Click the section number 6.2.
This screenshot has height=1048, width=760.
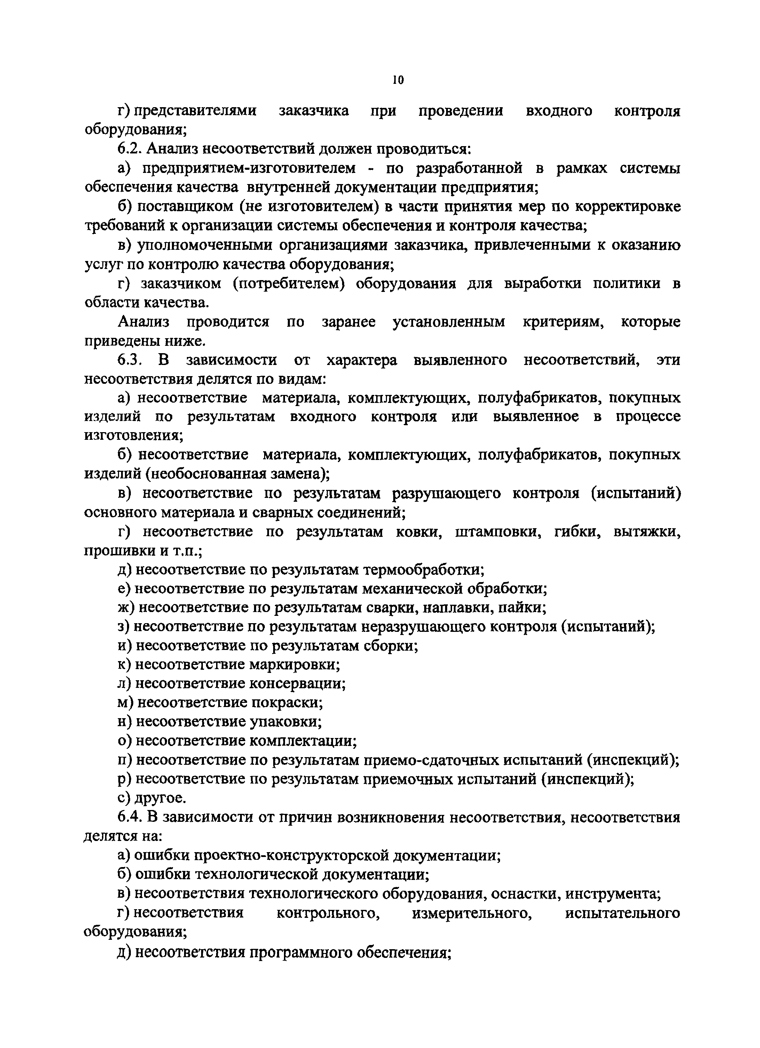[x=131, y=149]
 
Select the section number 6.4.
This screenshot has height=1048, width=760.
[x=131, y=817]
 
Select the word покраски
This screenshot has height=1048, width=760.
[x=286, y=702]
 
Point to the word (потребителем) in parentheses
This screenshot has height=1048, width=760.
[x=289, y=283]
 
